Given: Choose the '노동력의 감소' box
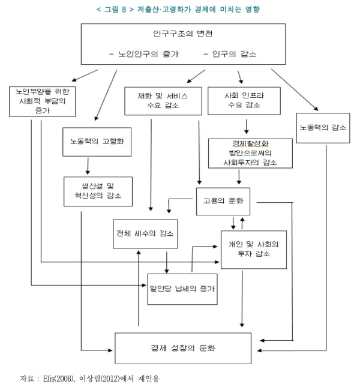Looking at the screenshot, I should (x=323, y=127).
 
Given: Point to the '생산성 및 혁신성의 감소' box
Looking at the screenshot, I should (x=98, y=191).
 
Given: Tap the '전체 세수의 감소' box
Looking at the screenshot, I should (x=146, y=234).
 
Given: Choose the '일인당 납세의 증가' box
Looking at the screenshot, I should (x=181, y=289).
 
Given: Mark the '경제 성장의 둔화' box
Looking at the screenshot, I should (x=183, y=348).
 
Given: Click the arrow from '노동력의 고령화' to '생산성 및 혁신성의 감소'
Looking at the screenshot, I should (x=88, y=166).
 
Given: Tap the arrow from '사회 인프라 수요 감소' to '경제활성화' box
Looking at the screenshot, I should (x=245, y=127).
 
